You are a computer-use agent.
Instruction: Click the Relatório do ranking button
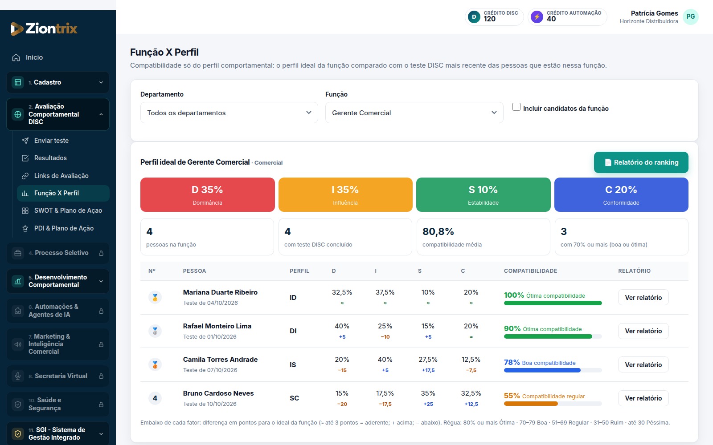641,162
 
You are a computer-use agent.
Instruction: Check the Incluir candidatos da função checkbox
516,107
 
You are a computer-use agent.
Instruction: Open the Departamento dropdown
229,113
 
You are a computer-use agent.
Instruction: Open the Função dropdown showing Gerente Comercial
414,113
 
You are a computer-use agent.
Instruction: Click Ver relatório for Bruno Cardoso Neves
643,398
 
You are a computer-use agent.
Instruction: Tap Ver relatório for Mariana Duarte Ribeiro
643,298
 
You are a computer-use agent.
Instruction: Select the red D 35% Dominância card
207,194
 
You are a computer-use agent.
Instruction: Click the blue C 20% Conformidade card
621,194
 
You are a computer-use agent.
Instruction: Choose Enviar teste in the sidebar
51,141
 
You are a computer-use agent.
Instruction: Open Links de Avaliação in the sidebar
61,176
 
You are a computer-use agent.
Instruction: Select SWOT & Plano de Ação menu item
68,210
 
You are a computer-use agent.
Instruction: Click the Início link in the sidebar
34,57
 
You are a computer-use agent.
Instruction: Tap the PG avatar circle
690,16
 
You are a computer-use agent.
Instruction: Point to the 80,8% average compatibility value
438,231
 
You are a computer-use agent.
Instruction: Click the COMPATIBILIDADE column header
530,271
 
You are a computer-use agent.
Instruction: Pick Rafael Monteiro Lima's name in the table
217,326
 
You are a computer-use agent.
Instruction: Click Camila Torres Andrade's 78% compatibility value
512,362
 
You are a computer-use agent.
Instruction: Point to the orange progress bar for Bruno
531,404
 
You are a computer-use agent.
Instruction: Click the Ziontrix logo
44,28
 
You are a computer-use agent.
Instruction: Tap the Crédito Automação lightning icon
537,16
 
